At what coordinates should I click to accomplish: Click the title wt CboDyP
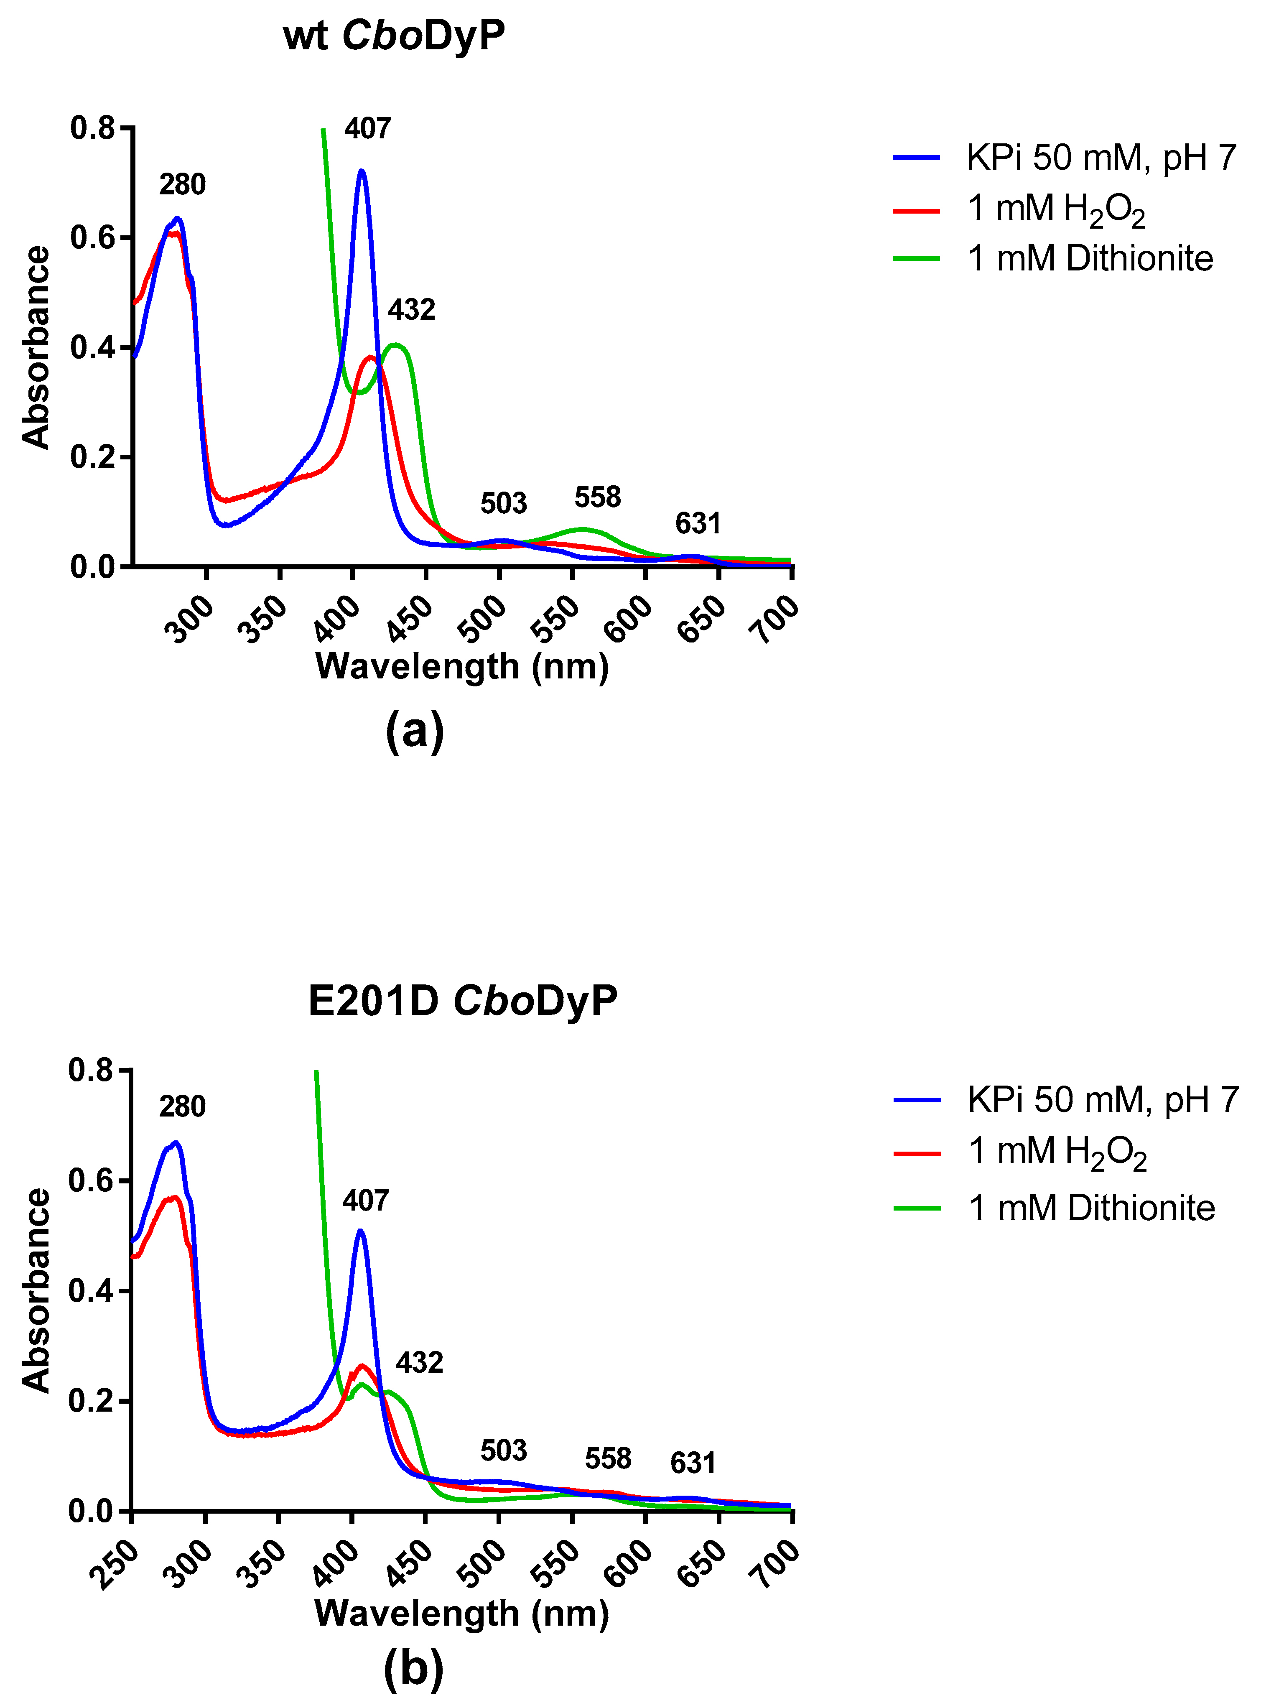tap(394, 36)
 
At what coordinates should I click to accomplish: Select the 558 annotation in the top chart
tap(598, 497)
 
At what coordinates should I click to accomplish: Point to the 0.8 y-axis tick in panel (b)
tap(90, 1070)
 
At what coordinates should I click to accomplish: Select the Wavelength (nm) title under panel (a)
tap(462, 666)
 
